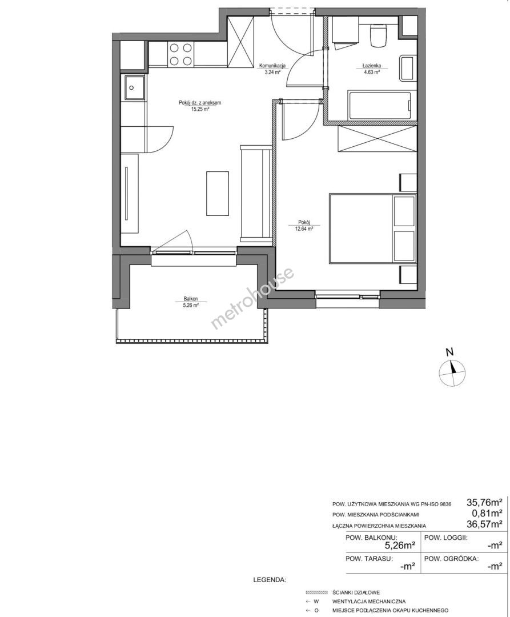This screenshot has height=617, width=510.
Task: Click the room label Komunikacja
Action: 272,66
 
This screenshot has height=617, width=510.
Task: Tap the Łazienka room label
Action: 371,66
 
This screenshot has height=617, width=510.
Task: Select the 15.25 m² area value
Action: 200,109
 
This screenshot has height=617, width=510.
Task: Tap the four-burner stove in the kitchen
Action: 181,54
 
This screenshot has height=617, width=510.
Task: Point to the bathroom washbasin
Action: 408,68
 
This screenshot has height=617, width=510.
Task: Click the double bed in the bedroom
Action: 372,228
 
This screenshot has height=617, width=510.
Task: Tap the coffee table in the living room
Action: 218,193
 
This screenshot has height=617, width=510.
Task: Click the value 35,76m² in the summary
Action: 485,502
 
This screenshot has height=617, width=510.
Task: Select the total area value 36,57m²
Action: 485,524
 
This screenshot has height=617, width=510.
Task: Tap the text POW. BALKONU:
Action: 371,538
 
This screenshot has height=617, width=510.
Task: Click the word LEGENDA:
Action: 270,580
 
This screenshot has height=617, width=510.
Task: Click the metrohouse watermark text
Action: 253,298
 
